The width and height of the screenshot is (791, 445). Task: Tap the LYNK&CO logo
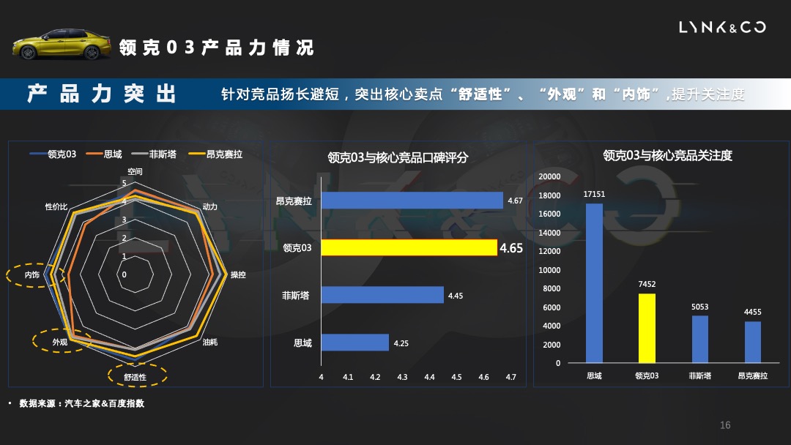(x=722, y=28)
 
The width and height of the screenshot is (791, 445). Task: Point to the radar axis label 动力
(x=210, y=207)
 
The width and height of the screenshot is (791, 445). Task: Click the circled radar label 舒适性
(x=136, y=377)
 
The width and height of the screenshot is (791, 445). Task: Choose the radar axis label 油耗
(x=209, y=342)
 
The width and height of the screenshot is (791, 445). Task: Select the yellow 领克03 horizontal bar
(x=409, y=248)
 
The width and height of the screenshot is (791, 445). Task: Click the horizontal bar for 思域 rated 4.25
(x=354, y=343)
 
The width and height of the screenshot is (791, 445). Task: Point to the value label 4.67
(x=515, y=201)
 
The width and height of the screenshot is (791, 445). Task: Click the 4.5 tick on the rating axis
(x=456, y=377)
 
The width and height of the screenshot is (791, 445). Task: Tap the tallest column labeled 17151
(x=594, y=283)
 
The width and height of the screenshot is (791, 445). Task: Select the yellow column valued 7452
(x=647, y=328)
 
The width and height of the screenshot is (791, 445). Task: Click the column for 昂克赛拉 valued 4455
(x=753, y=342)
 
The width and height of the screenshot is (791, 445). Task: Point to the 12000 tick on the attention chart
(x=550, y=251)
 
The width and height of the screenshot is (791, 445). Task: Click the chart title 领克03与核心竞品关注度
(x=667, y=156)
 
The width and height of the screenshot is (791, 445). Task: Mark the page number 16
(x=725, y=425)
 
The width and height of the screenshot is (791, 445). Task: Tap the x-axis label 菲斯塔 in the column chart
(x=699, y=375)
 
